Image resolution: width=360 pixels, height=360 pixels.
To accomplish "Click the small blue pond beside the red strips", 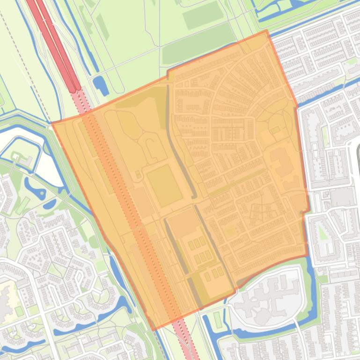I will point(100,85).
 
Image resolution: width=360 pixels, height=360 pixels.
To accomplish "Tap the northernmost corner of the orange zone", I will point(267,31).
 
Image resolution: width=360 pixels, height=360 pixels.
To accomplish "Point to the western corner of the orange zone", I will point(52,123).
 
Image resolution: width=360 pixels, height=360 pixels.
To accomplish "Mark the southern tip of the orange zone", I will point(153,330).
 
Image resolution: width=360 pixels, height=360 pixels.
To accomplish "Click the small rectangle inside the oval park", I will point(275,130).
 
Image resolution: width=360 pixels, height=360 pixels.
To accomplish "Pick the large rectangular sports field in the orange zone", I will point(164,186).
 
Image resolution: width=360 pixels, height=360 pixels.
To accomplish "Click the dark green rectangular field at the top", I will point(203,17).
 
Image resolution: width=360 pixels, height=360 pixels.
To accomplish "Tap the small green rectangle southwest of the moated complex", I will point(217,319).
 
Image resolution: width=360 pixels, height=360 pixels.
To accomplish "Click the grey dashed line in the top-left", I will point(23,61).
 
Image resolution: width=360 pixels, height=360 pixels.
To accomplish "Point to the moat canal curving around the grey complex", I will point(307,299).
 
